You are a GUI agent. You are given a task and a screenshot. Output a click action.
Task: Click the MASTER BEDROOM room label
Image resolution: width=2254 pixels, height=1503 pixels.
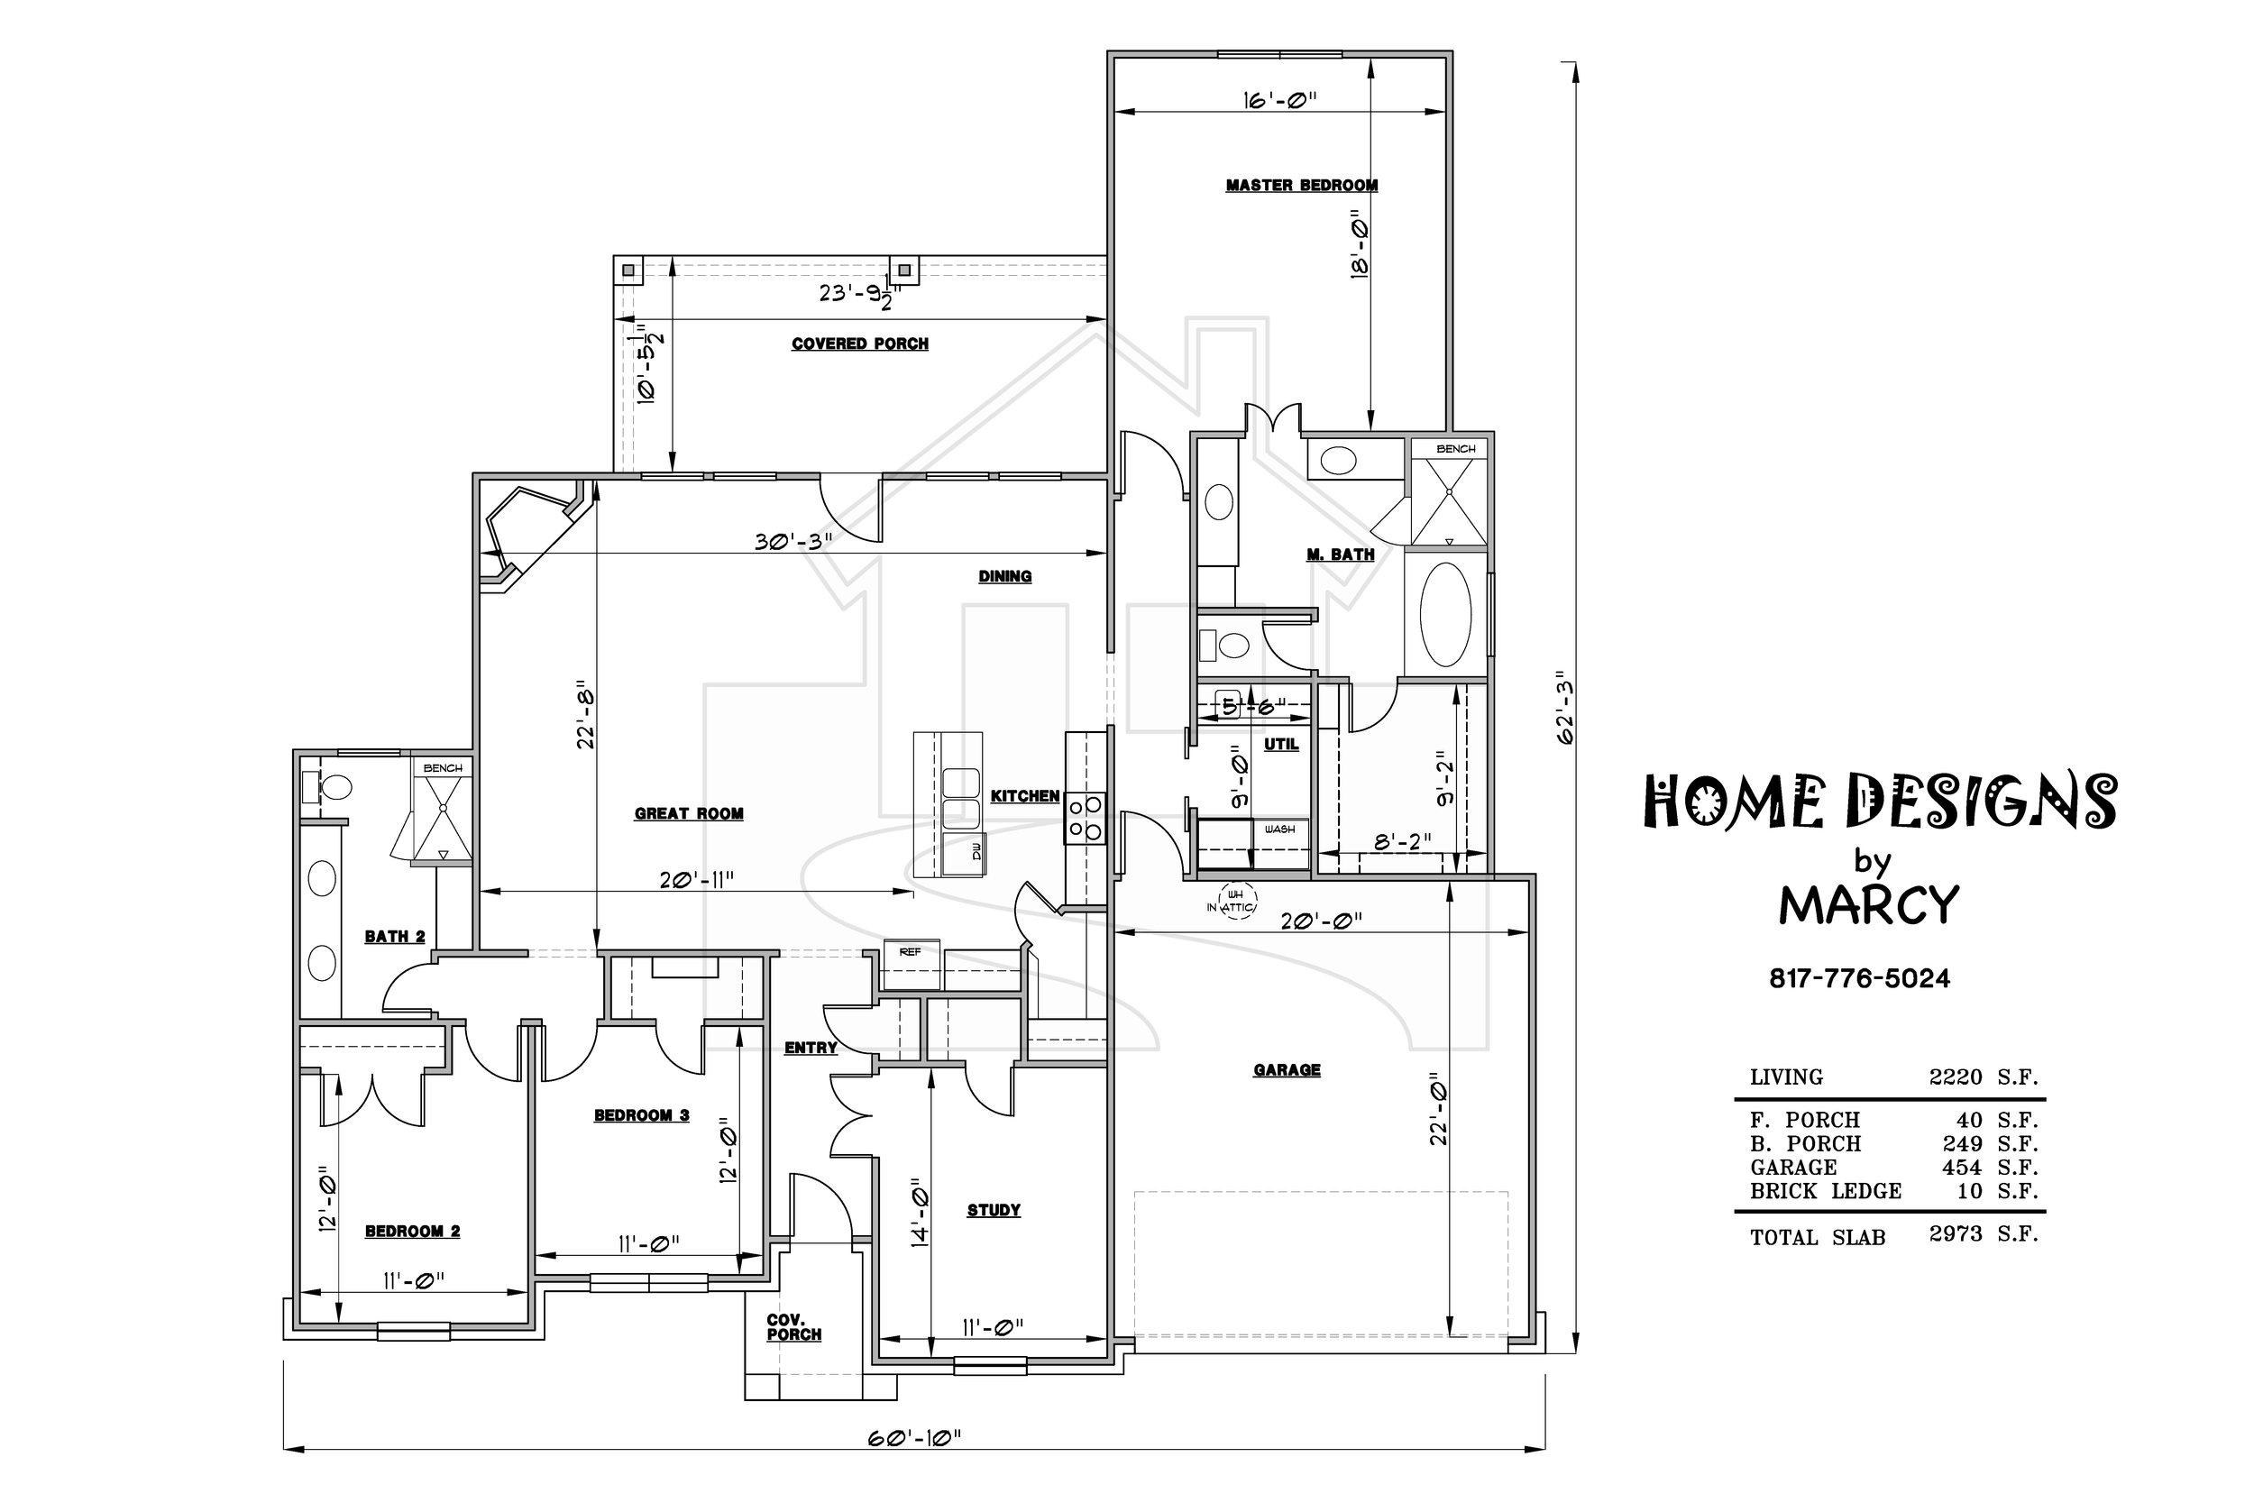(x=1301, y=185)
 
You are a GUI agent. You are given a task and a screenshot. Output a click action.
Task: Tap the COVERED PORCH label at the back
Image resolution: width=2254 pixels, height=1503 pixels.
(x=859, y=344)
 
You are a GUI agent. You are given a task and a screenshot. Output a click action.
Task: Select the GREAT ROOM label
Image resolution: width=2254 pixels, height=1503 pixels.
(x=688, y=814)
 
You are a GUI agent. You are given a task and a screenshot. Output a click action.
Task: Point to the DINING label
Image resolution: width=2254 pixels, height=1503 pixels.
(x=1004, y=576)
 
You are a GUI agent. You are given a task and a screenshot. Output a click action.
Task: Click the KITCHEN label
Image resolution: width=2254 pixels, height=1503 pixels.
(x=1024, y=795)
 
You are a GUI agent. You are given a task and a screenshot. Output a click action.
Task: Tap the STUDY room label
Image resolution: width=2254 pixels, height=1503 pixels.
(x=993, y=1210)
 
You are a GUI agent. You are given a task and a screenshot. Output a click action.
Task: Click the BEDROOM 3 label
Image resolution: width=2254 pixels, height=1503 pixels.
(x=641, y=1114)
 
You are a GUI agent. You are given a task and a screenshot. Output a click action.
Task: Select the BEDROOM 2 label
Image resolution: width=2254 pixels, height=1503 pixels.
(x=412, y=1231)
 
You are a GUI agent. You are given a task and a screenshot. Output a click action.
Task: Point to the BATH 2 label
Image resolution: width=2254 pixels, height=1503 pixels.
(x=394, y=937)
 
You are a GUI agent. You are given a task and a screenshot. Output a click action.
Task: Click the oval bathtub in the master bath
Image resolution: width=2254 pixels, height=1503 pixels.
(x=1445, y=614)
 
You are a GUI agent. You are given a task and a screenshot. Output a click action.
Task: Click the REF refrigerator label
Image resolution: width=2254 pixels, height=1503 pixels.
(x=910, y=952)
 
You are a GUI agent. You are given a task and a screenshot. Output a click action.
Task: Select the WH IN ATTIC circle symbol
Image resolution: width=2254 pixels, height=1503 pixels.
(x=1235, y=901)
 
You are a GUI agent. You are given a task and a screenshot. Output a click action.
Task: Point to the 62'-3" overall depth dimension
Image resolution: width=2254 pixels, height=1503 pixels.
(x=1565, y=708)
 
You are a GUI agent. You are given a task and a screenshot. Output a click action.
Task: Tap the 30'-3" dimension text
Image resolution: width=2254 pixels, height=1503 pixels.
(x=793, y=542)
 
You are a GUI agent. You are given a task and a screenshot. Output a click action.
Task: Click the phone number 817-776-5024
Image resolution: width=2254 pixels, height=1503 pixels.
(x=1859, y=978)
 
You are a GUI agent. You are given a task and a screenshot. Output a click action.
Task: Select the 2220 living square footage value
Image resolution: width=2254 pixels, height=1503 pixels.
(x=1955, y=1077)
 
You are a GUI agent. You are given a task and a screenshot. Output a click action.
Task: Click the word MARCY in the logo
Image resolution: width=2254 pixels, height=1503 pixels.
(x=1869, y=904)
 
